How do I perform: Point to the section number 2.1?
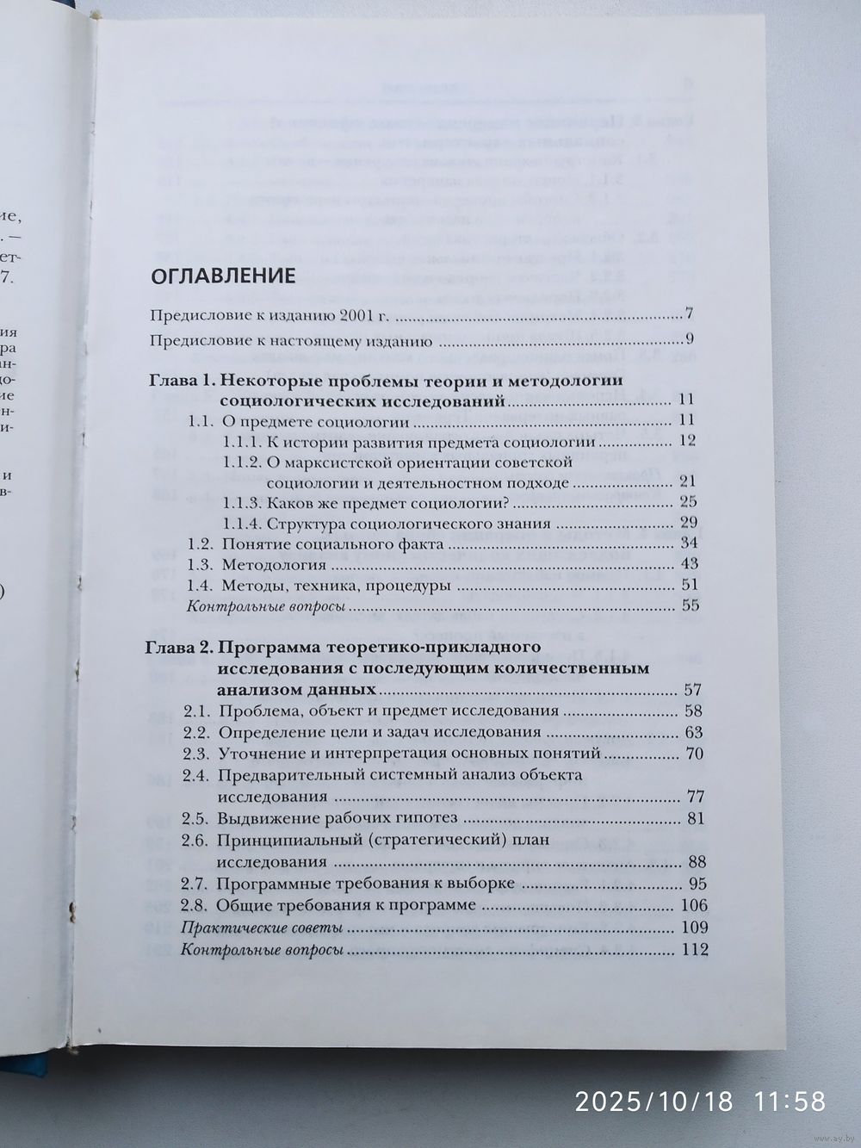tap(196, 711)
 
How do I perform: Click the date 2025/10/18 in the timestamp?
tap(653, 1100)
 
